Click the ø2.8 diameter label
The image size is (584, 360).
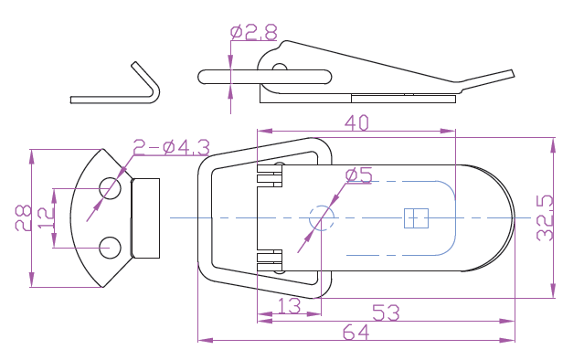[254, 32]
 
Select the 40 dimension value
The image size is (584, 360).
[356, 122]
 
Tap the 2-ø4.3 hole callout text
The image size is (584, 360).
[172, 147]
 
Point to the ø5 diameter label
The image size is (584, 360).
[358, 175]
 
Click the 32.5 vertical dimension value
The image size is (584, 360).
[545, 217]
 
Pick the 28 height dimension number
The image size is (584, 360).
[23, 217]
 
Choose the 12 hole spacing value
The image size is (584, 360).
[46, 218]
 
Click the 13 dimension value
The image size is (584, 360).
[290, 306]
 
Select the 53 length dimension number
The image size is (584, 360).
[386, 312]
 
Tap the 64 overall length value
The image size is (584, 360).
[356, 333]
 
